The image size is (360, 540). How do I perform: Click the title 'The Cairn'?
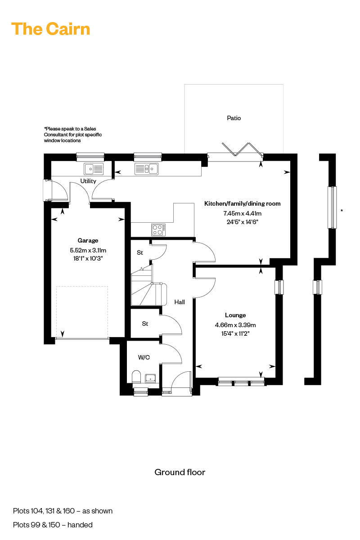(x=50, y=29)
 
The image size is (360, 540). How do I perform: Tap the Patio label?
(x=234, y=118)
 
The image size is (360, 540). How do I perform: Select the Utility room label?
(x=88, y=181)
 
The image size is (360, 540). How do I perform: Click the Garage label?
(x=87, y=240)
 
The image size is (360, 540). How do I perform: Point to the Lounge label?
(x=235, y=315)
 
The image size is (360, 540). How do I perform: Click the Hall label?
(x=180, y=302)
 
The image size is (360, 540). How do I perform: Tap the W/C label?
(x=144, y=358)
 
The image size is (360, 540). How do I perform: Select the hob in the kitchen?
(x=158, y=229)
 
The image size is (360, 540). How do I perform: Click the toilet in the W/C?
(x=137, y=376)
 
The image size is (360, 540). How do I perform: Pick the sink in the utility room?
(x=94, y=169)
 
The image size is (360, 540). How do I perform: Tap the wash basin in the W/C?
(x=150, y=378)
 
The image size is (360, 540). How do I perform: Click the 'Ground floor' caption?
(x=180, y=472)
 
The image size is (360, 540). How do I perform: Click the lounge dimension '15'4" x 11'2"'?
(x=235, y=333)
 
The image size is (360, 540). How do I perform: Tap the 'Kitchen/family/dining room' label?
(x=242, y=203)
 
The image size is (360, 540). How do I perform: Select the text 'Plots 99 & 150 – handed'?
(x=53, y=525)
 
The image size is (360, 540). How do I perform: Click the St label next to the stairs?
(x=139, y=253)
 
